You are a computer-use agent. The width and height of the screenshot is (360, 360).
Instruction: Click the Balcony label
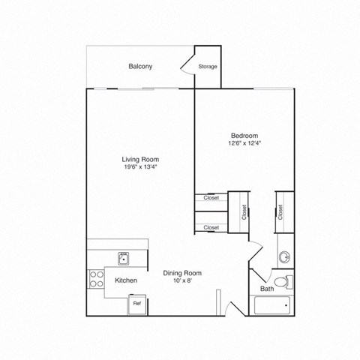(140, 67)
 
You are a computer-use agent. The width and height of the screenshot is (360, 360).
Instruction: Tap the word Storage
(208, 67)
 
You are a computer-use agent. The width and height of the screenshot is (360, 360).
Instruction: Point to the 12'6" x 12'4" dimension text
(244, 143)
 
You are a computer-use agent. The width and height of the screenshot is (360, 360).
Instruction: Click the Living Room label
(140, 159)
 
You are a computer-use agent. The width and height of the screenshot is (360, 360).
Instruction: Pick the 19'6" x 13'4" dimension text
(140, 167)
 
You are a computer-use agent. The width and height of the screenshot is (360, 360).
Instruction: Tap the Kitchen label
(125, 280)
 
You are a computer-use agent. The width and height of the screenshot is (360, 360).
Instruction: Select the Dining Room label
(183, 273)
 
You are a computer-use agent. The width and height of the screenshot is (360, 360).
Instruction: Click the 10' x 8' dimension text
(183, 281)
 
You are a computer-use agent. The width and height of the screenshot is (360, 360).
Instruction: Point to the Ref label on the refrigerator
(137, 304)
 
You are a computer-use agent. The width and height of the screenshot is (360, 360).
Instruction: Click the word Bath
(266, 289)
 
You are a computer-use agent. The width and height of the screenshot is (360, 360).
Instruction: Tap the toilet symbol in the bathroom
(283, 281)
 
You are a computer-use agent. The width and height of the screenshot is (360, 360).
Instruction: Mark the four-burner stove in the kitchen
(96, 279)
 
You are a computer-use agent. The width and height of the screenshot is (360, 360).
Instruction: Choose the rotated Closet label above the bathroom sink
(280, 211)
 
